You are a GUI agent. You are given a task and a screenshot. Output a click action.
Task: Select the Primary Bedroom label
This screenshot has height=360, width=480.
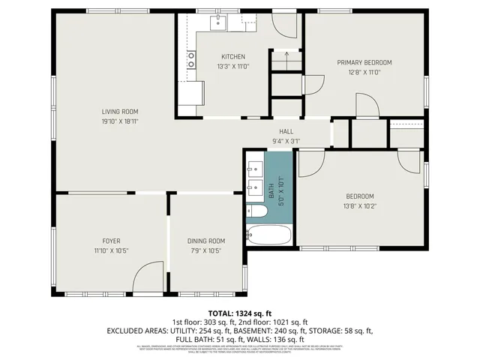(364, 62)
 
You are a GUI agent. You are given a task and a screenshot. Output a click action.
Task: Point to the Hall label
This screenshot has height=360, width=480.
(286, 131)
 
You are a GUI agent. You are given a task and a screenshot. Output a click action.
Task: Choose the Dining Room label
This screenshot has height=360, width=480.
(206, 241)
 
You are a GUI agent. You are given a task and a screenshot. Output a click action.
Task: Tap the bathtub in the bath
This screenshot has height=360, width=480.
(268, 235)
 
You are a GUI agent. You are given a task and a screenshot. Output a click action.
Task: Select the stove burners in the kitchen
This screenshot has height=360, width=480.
(192, 60)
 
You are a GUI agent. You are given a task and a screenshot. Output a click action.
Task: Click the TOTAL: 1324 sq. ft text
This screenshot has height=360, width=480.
(239, 313)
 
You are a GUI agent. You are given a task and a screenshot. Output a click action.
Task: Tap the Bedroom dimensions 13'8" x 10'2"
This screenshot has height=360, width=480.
(358, 206)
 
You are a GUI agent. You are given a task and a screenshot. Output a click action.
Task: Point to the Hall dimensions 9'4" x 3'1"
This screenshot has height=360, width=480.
(286, 140)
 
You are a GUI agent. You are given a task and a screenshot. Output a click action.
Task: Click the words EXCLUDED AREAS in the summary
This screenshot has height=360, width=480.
(141, 330)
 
